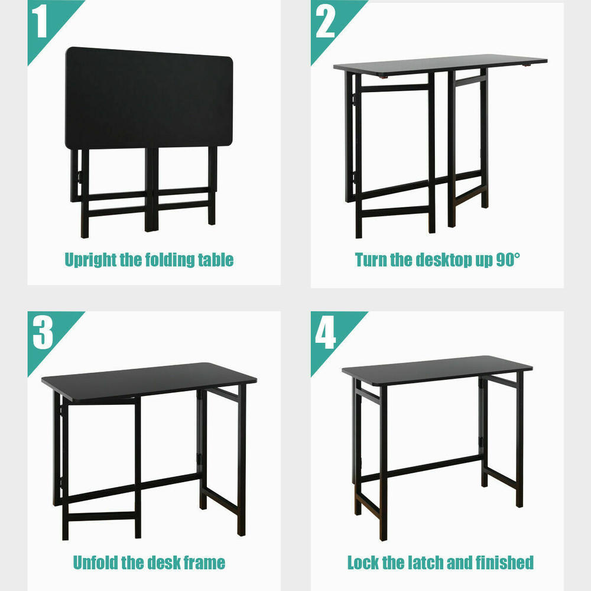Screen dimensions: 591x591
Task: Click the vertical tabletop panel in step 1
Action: (148, 98)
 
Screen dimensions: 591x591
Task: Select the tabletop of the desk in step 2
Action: (440, 64)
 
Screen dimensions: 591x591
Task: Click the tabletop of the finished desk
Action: (437, 369)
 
